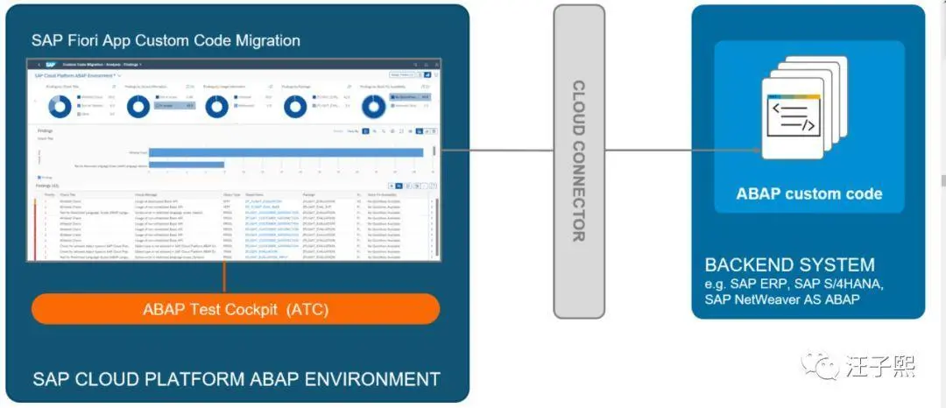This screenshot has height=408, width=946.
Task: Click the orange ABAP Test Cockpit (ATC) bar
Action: pos(236,309)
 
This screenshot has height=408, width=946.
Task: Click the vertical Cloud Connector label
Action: pos(579,161)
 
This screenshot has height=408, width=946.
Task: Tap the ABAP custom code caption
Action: pos(808,193)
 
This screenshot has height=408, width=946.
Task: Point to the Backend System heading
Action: pos(790,265)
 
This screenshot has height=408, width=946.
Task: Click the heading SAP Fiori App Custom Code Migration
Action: pos(166,40)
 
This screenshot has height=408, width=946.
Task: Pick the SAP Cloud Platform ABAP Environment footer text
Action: pos(236,379)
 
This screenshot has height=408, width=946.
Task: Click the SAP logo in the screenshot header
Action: pos(51,65)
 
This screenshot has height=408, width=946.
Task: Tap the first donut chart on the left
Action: pos(60,105)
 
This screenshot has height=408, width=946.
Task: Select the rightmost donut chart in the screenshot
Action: pos(374,105)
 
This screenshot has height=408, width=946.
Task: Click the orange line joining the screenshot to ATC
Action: pos(226,278)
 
